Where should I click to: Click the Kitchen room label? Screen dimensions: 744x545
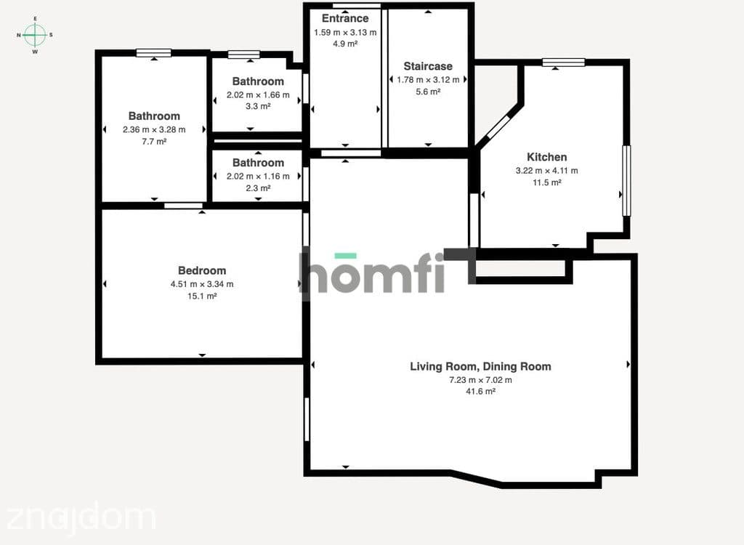coord(546,157)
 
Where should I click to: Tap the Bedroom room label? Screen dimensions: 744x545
coord(202,270)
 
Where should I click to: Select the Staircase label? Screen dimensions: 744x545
coord(428,66)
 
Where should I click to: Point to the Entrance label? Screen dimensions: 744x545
coord(345,18)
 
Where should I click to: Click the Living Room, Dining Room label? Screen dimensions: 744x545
coord(481,366)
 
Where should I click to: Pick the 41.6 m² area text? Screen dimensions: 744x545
coord(481,392)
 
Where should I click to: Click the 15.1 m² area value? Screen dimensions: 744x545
coord(202,296)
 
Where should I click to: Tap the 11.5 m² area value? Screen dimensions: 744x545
coord(546,182)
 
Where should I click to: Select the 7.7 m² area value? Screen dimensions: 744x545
coord(154,142)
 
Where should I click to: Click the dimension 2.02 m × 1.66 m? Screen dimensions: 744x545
coord(258,95)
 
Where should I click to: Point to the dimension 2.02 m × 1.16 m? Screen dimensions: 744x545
coord(258,176)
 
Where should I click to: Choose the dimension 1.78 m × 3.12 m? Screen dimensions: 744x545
coord(428,80)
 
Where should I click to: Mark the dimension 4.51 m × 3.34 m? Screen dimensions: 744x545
coord(202,284)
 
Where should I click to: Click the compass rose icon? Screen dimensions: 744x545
coord(35,35)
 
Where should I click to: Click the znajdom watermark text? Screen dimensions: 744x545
coord(81,517)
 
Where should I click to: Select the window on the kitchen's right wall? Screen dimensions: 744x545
coord(626,180)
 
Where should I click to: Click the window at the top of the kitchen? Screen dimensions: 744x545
coord(564,62)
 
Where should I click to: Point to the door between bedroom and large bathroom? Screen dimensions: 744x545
coord(184,206)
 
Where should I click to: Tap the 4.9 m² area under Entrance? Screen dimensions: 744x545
coord(345,44)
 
